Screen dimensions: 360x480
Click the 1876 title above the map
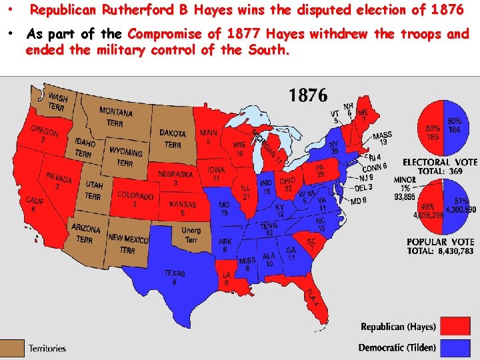[308, 95]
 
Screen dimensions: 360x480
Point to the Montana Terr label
[115, 116]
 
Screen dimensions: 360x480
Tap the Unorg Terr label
[191, 235]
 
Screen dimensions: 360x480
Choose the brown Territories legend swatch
[13, 348]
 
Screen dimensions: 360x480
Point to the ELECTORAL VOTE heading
[440, 162]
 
